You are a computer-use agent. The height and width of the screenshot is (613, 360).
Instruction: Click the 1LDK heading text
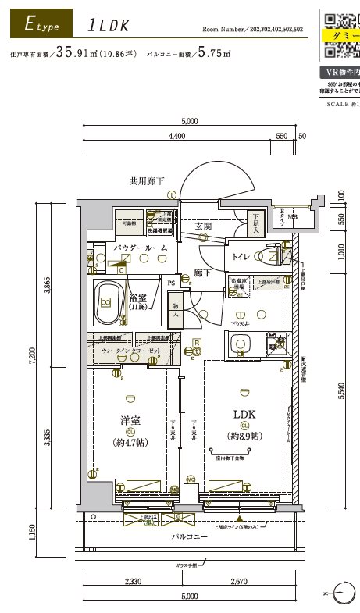(109, 25)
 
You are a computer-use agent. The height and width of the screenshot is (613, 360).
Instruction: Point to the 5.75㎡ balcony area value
(214, 54)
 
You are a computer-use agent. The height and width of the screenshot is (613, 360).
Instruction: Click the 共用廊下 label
(147, 181)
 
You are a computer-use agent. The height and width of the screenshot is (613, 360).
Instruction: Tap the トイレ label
(241, 256)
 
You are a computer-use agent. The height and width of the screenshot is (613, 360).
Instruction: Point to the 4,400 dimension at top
(176, 136)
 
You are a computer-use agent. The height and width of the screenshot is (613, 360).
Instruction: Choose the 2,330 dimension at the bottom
(132, 583)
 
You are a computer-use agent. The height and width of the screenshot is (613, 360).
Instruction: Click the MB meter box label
(292, 218)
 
